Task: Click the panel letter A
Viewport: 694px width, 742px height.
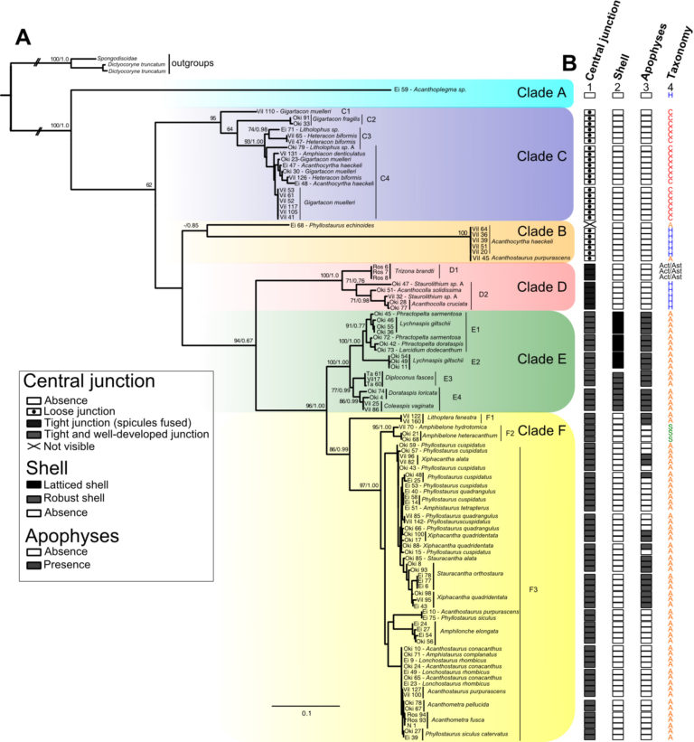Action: click(x=24, y=37)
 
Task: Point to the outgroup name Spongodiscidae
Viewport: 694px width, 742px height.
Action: click(x=121, y=58)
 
